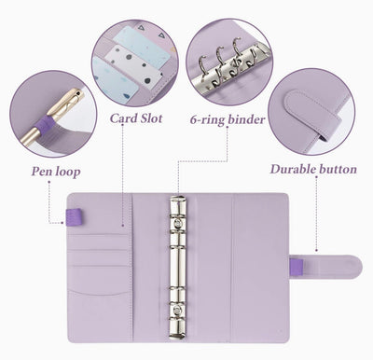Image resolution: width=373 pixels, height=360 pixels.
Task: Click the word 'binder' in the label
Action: click(246, 119)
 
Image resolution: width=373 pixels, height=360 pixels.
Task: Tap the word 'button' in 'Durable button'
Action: click(337, 170)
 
